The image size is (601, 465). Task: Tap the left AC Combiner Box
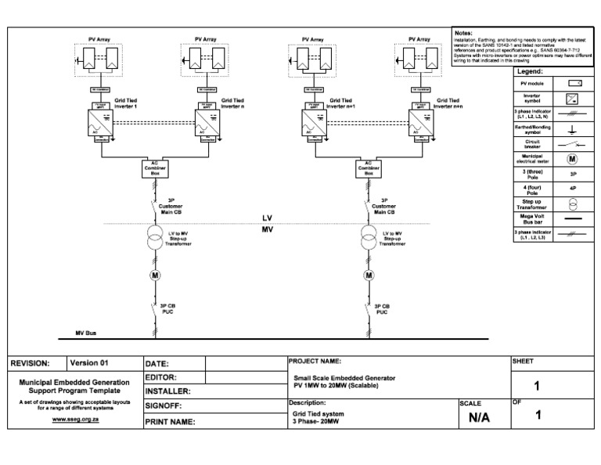coord(153,169)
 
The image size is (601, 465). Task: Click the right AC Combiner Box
coord(369,169)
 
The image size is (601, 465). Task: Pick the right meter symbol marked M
coord(369,275)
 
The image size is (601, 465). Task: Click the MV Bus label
coord(85,333)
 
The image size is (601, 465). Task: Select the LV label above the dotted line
coord(268,218)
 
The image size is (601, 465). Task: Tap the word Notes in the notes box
coord(463,32)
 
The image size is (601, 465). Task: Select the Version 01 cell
coord(89,363)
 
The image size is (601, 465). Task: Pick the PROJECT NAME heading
coord(315,361)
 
